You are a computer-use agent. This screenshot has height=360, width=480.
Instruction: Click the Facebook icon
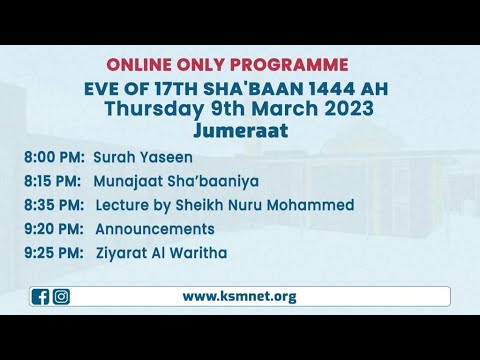[x=41, y=296]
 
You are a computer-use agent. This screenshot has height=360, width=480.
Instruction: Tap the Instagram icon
[x=61, y=296]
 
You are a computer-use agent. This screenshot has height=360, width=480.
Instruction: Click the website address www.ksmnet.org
[x=239, y=296]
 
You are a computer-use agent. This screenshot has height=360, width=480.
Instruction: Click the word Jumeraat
[x=239, y=129]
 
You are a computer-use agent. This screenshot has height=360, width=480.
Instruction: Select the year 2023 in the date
[x=347, y=109]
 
